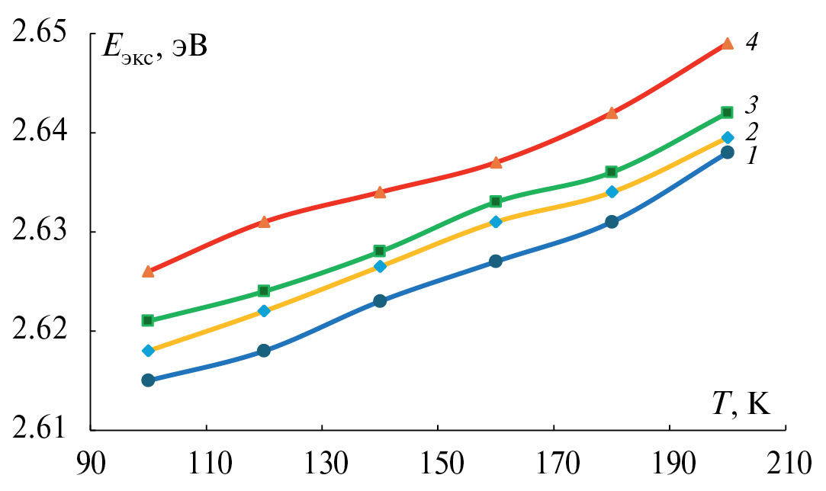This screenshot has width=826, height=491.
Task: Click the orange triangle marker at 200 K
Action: (728, 43)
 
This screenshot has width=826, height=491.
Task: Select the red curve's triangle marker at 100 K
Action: (148, 271)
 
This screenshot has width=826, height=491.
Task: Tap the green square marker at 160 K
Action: (496, 201)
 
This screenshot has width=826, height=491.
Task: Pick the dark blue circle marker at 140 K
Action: (380, 301)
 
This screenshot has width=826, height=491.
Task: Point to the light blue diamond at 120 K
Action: (264, 311)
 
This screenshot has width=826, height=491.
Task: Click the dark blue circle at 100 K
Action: (148, 380)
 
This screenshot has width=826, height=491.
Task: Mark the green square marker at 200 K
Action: (728, 112)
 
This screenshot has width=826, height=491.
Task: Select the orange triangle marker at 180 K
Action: (612, 113)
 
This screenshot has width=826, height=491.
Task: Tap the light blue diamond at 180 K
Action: (612, 192)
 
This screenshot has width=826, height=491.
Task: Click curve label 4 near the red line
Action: (751, 42)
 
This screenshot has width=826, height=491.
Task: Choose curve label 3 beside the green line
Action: (751, 103)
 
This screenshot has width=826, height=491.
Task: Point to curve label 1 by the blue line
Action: (751, 156)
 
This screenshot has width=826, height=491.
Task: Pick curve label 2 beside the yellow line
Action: (751, 130)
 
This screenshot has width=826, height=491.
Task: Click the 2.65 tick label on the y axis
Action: (40, 34)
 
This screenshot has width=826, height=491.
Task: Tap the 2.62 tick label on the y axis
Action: (40, 331)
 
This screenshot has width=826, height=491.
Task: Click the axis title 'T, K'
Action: (741, 403)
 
